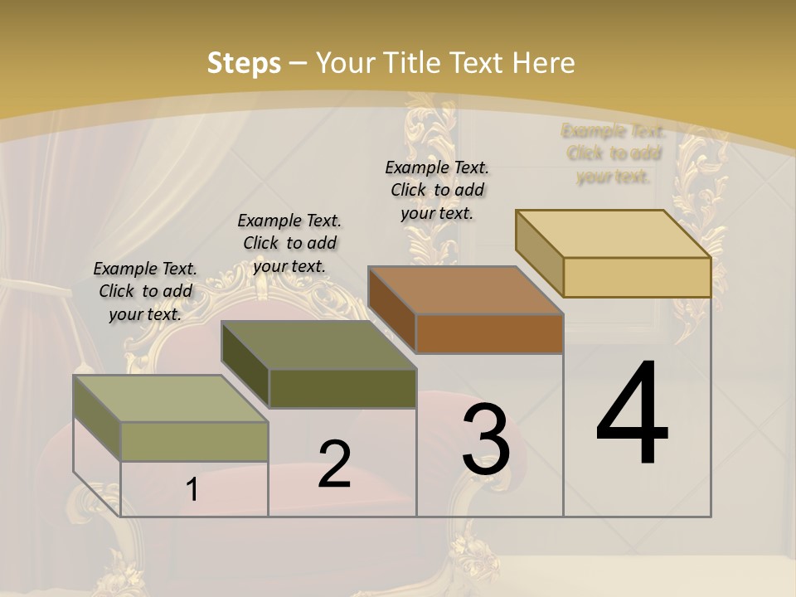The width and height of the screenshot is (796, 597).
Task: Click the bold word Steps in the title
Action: (244, 63)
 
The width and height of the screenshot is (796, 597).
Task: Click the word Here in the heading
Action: (543, 63)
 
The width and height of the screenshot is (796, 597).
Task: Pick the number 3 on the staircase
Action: (486, 439)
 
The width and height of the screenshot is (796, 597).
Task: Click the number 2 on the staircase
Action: (334, 464)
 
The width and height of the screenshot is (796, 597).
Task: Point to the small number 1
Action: (192, 490)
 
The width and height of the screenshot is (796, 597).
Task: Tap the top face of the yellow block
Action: (614, 234)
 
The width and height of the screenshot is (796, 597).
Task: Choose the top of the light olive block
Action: (171, 399)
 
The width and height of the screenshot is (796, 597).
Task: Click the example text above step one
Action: (145, 291)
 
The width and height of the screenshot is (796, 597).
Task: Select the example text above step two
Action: (289, 243)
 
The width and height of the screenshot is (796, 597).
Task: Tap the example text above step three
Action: (437, 190)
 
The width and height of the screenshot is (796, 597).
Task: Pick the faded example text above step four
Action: (614, 153)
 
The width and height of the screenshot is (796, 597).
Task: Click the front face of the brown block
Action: (489, 334)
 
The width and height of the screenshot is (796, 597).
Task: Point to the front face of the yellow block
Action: (637, 277)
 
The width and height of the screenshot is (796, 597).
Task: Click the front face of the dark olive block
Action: (342, 388)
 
